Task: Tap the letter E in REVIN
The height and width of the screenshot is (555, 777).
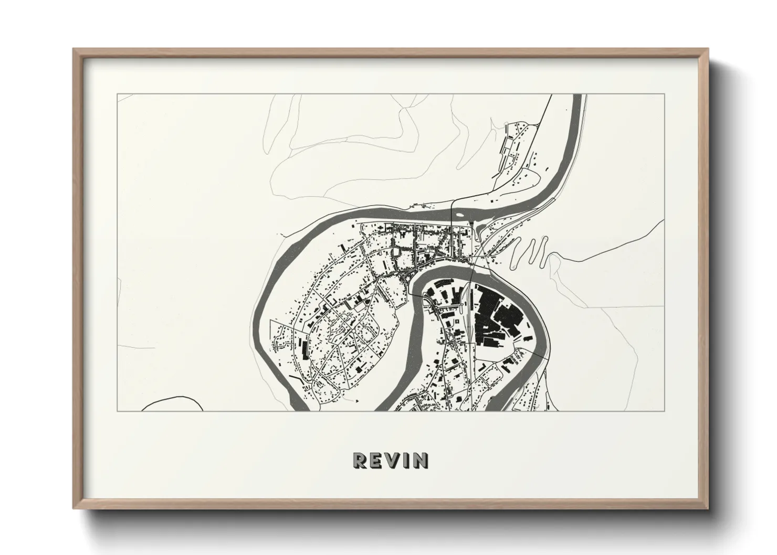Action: pos(377,460)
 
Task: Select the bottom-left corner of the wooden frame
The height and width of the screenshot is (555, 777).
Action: pos(75,507)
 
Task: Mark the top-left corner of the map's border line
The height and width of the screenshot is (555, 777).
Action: pos(117,94)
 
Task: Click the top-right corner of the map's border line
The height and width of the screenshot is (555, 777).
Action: pos(664,94)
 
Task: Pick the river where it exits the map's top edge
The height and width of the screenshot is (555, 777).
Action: pos(577,97)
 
